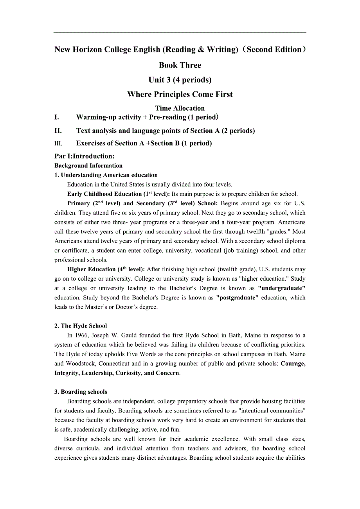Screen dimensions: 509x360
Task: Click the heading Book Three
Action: coord(180,65)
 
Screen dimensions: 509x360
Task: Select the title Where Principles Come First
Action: coord(180,95)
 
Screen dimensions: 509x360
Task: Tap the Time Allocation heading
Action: coord(180,108)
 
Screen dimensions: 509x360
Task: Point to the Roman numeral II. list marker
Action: coord(58,131)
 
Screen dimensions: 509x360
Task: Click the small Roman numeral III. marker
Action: coord(58,143)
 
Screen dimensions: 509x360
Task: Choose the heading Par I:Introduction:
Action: coord(85,156)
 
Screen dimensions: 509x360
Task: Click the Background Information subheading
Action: coord(88,166)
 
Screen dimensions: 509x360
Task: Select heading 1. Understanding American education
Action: coord(106,175)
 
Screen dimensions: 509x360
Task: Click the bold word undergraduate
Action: coord(282,288)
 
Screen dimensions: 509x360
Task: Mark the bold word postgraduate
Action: coord(238,298)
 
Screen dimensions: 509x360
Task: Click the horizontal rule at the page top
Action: coord(180,33)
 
